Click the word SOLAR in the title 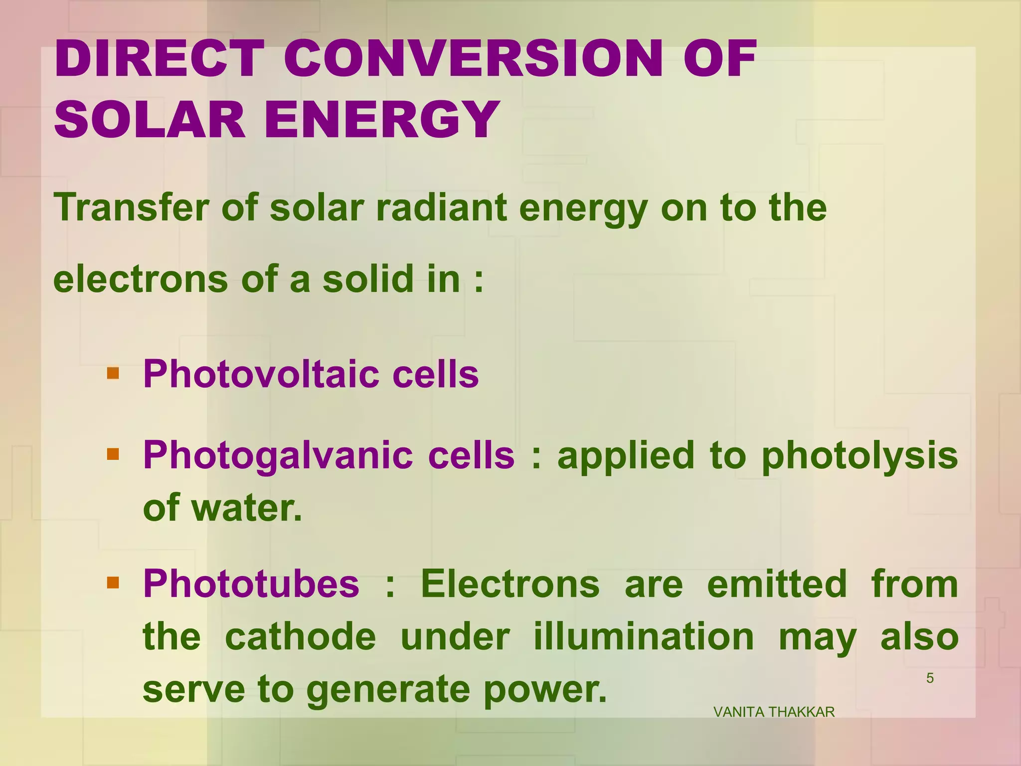tap(150, 120)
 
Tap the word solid tap(368, 279)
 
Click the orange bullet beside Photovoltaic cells tap(113, 373)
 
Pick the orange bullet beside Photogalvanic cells tap(113, 454)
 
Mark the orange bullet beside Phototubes tap(113, 582)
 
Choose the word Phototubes tap(251, 584)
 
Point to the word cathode tap(301, 637)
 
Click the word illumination tap(644, 637)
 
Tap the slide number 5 tap(930, 678)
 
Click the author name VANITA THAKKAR tap(774, 712)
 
